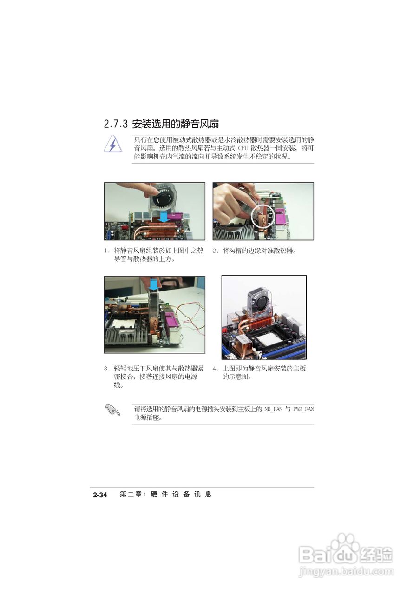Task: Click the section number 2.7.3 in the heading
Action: click(116, 124)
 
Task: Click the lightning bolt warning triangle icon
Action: click(112, 144)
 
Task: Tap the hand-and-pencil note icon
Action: click(112, 410)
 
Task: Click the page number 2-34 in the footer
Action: click(100, 495)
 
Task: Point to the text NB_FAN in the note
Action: click(273, 409)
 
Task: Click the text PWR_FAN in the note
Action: click(303, 409)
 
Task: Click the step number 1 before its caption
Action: click(106, 251)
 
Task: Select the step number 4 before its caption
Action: click(215, 369)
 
